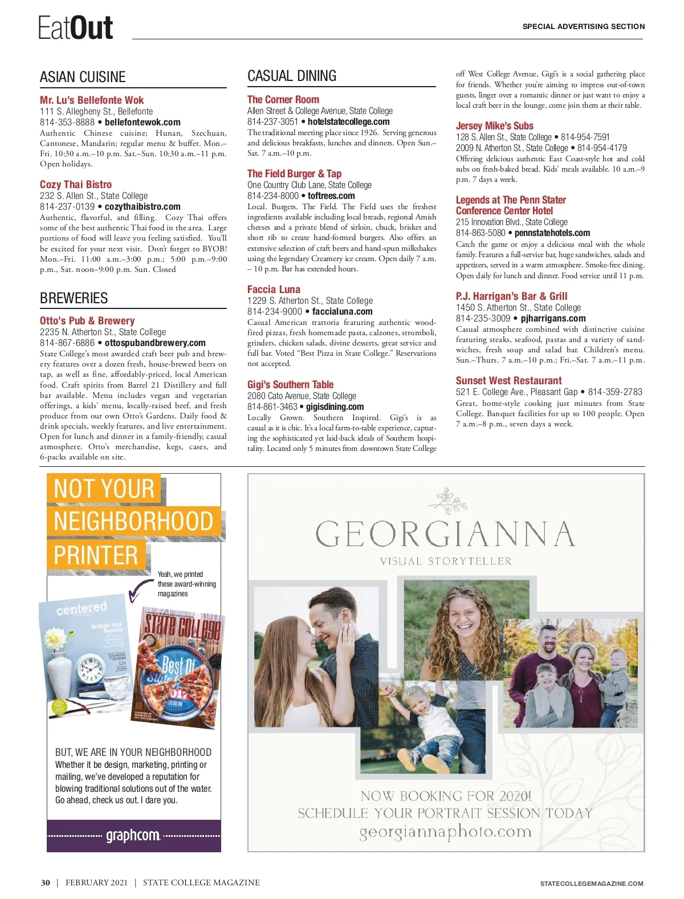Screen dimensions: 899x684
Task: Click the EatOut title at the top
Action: [75, 27]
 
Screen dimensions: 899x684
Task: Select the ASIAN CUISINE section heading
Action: [83, 77]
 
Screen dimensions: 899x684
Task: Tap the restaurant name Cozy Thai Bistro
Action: [76, 184]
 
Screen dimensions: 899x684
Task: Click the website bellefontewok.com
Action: [142, 122]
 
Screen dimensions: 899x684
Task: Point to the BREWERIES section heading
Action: [74, 298]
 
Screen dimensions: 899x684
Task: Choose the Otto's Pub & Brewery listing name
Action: [87, 320]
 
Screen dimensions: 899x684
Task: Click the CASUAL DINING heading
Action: [292, 76]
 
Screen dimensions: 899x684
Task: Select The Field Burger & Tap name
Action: [294, 173]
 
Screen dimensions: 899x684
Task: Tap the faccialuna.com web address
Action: [342, 311]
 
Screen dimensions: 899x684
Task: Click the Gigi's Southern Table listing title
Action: [290, 384]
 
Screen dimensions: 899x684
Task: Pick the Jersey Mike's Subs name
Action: [494, 125]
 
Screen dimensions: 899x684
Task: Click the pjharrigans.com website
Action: [553, 318]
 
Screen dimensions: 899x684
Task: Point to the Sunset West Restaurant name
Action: [508, 380]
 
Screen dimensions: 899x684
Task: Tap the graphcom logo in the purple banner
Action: [133, 836]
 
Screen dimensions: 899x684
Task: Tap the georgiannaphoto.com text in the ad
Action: [445, 832]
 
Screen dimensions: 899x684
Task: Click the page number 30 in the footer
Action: [46, 882]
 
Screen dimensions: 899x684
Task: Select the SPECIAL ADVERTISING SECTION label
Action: [583, 26]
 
